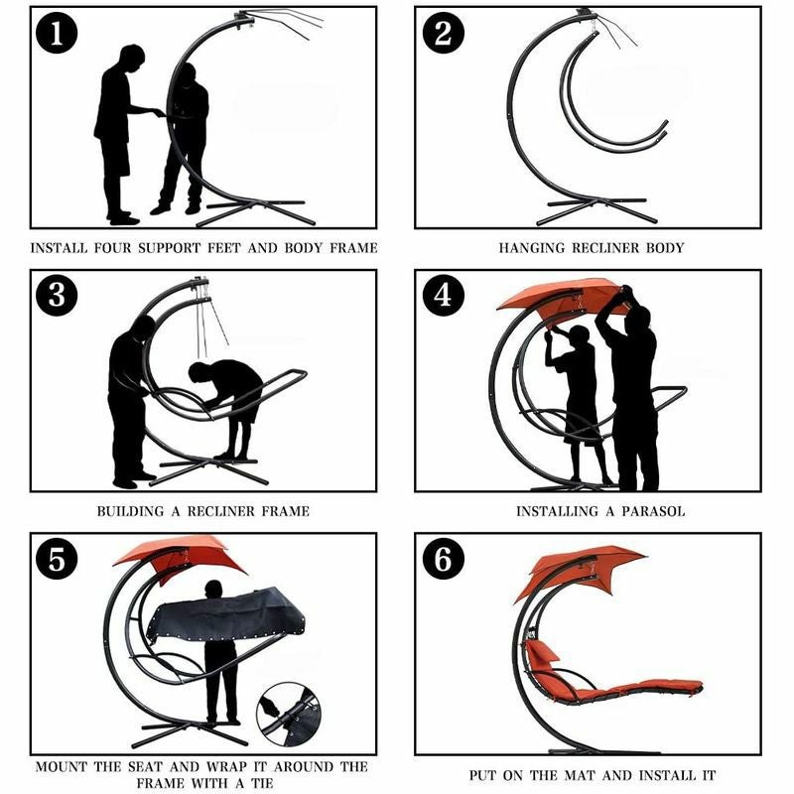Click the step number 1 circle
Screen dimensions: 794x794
(x=57, y=34)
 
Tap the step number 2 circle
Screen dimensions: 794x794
(x=443, y=33)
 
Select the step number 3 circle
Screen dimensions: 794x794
(x=57, y=295)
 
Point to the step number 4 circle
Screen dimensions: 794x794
(x=443, y=295)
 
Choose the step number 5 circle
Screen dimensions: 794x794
(x=57, y=559)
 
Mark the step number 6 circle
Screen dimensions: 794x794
(x=443, y=559)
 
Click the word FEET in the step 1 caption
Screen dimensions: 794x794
(x=224, y=248)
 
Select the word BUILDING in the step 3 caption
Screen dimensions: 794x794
(x=131, y=511)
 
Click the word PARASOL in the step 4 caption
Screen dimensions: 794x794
(x=653, y=511)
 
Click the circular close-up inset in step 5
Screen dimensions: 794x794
(x=289, y=715)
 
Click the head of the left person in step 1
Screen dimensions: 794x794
(x=132, y=57)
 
